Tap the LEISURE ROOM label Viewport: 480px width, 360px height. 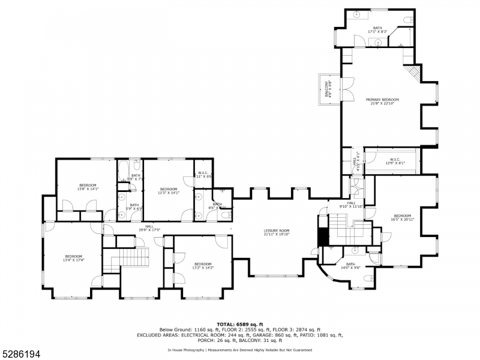click(277, 232)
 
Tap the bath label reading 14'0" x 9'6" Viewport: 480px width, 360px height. click(351, 266)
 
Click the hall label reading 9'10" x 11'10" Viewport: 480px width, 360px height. click(351, 205)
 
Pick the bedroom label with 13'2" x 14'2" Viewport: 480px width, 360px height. click(203, 265)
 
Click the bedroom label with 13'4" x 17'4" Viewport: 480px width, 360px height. click(73, 258)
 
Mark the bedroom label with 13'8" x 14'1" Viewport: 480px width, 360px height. click(88, 187)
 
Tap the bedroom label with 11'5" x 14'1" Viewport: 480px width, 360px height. click(168, 191)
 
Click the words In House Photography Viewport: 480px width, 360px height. click(185, 349)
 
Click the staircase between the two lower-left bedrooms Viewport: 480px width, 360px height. click(134, 258)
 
